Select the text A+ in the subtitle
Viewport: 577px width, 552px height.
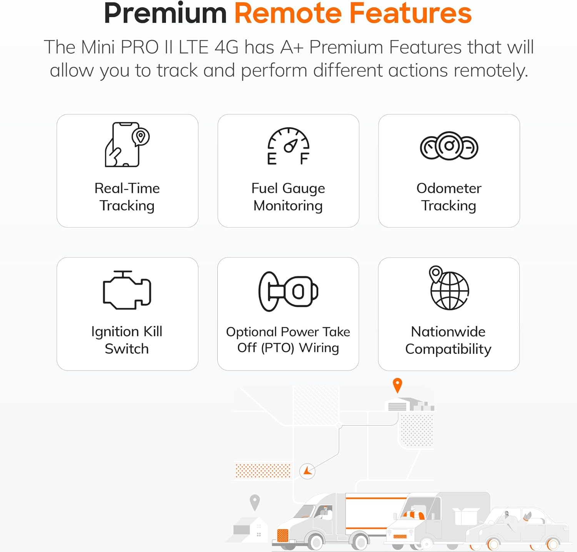coord(292,47)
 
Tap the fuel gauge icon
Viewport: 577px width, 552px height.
coord(288,146)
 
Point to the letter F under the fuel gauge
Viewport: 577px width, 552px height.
coord(304,158)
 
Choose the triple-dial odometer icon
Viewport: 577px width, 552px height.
coord(449,146)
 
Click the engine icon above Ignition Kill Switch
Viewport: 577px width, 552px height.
coord(127,290)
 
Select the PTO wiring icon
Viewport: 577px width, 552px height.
coord(288,291)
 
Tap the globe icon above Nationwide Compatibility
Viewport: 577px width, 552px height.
coord(449,288)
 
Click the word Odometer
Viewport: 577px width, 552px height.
coord(449,188)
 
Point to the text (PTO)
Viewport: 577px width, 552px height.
coord(277,348)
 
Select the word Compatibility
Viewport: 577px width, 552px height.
coord(448,349)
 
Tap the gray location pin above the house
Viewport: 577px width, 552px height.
coord(255,502)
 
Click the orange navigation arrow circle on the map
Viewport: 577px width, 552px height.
coord(307,471)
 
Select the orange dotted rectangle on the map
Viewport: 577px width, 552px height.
coord(263,470)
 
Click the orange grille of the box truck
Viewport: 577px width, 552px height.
coord(283,535)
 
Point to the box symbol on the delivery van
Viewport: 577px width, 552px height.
coord(466,517)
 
